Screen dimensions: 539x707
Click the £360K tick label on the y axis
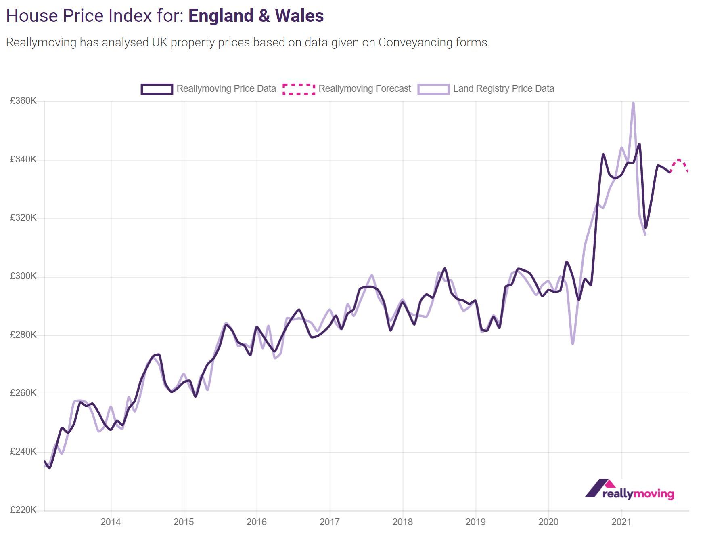click(x=23, y=101)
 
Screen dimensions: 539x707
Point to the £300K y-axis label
click(x=23, y=276)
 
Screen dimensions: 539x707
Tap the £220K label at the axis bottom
click(x=23, y=510)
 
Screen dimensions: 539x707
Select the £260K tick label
click(x=23, y=393)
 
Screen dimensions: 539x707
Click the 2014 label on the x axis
click(x=111, y=522)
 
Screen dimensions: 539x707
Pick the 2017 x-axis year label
click(x=329, y=522)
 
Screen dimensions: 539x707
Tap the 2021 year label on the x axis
click(x=621, y=522)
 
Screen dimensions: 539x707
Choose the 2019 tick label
click(x=475, y=522)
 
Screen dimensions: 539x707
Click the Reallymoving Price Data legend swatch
click(x=157, y=89)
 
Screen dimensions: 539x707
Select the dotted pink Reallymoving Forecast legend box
click(x=299, y=89)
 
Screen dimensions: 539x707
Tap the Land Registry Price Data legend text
click(x=503, y=89)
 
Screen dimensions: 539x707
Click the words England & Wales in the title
click(x=256, y=16)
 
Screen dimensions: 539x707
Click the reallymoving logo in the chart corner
click(x=630, y=489)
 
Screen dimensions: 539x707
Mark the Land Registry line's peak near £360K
click(x=633, y=103)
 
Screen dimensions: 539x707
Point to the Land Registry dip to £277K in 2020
click(x=573, y=343)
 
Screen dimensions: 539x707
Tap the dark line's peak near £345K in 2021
click(x=639, y=144)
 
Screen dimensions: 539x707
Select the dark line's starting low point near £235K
click(x=49, y=468)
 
